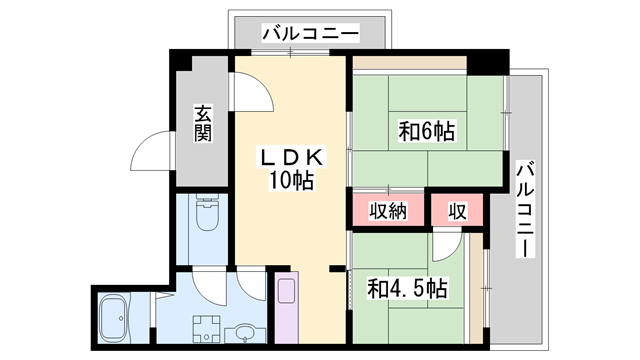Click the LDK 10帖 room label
pos(291,169)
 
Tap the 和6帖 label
pos(427,131)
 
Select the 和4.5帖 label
pos(407,288)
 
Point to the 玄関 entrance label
pos(202,124)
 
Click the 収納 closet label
pos(388,211)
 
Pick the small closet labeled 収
pos(457,211)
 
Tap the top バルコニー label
pos(310,33)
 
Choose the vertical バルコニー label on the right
pos(525,209)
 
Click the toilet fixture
pos(207,213)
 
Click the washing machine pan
pos(207,329)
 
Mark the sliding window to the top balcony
pos(290,52)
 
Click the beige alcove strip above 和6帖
pos(410,62)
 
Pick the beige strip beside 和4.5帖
pos(476,288)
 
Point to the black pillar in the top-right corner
pos(488,62)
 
